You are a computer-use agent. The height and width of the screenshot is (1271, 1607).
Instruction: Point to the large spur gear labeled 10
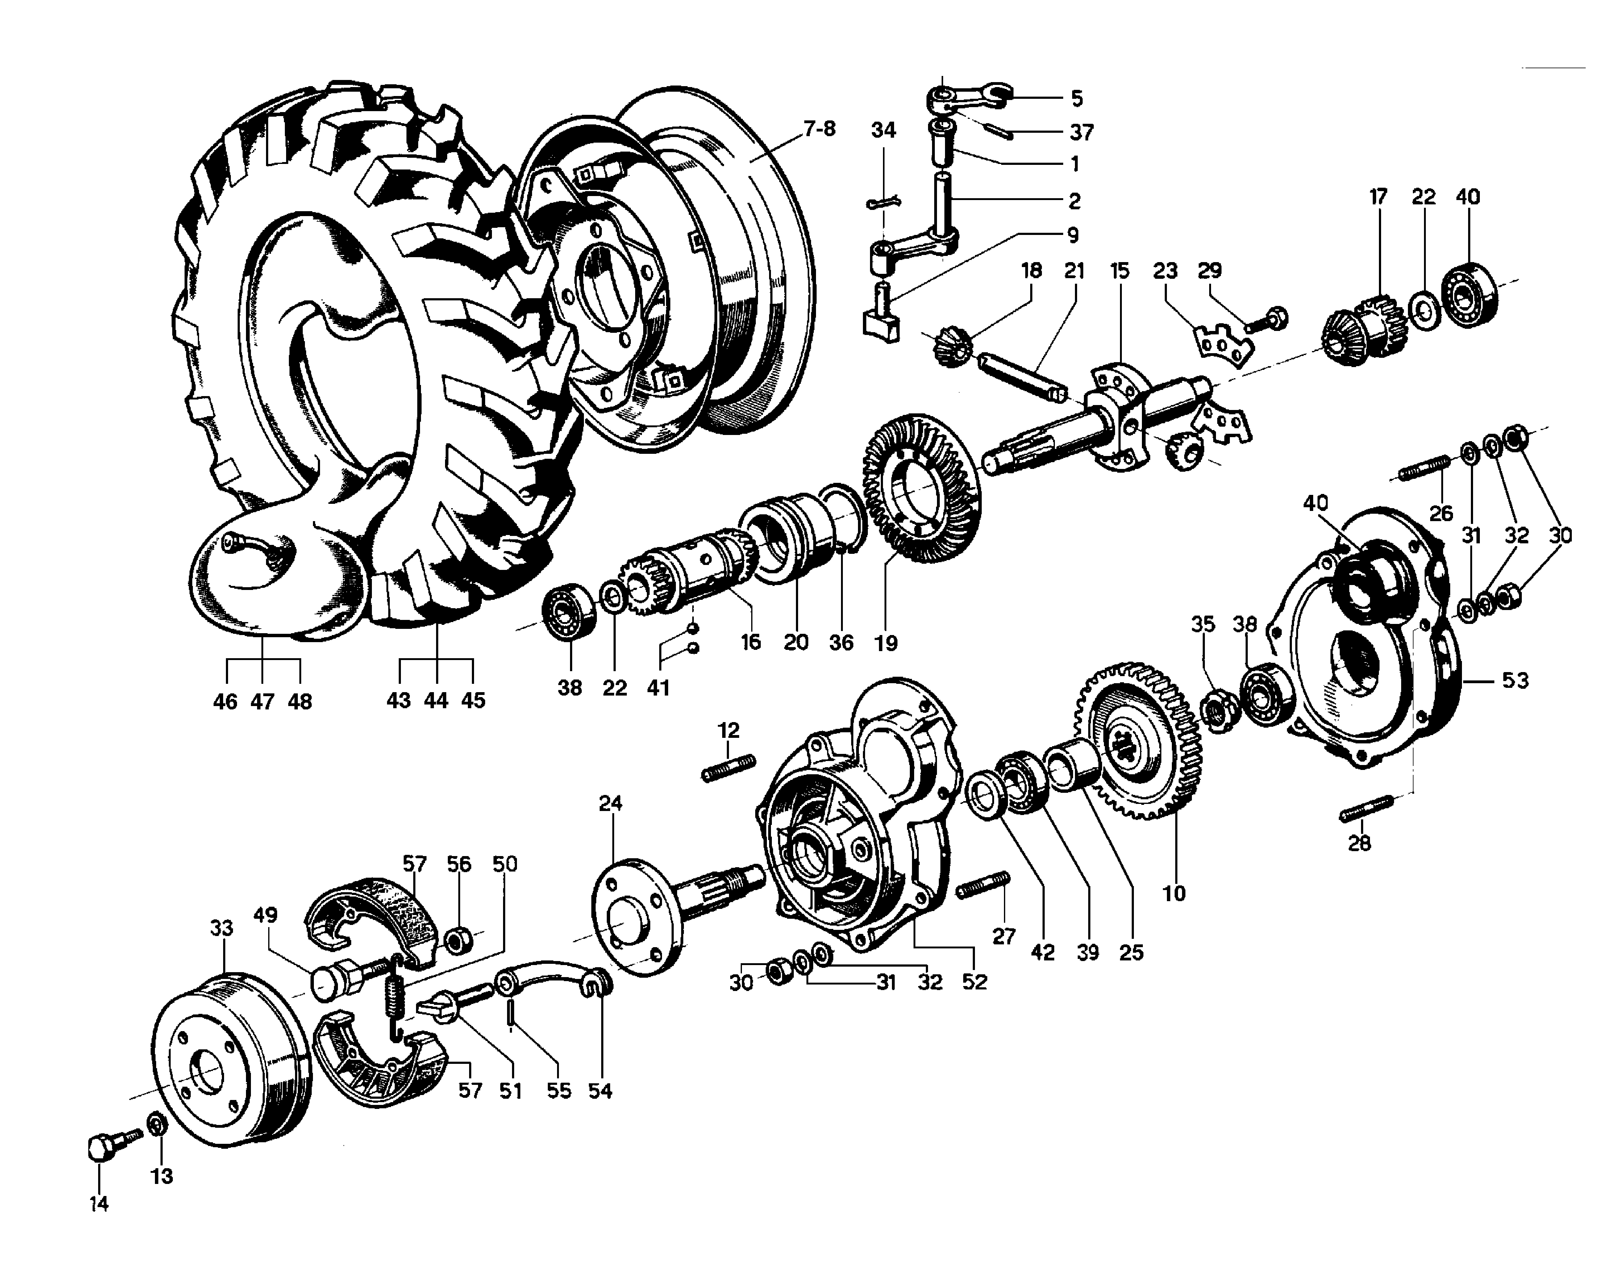tap(1138, 738)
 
